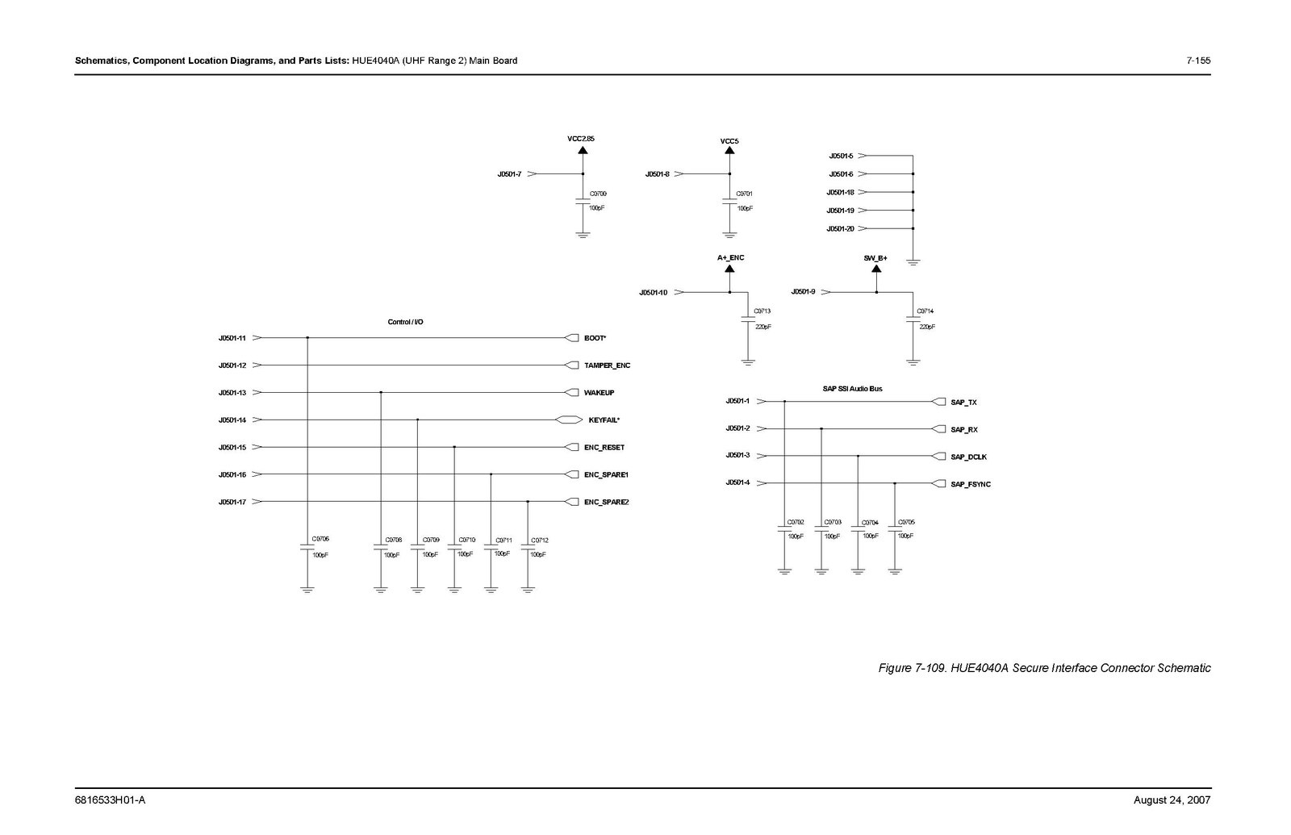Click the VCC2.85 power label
[x=581, y=139]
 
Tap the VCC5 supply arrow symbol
[x=729, y=151]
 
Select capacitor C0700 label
[x=598, y=194]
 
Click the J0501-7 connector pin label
[x=509, y=174]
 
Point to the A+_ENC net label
[x=731, y=257]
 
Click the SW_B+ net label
[x=875, y=257]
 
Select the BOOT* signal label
[x=595, y=338]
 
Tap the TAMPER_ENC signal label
[x=607, y=365]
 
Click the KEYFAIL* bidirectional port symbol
[x=568, y=420]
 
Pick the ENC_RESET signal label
[x=604, y=448]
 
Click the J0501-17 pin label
[x=232, y=502]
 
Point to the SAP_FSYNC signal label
[x=971, y=484]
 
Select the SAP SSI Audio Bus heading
[x=852, y=389]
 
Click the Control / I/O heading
[x=405, y=322]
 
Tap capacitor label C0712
[x=540, y=540]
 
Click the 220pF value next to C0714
[x=927, y=327]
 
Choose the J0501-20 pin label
[x=840, y=229]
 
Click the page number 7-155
[x=1198, y=61]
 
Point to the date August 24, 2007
[x=1172, y=800]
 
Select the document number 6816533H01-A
[x=110, y=800]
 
